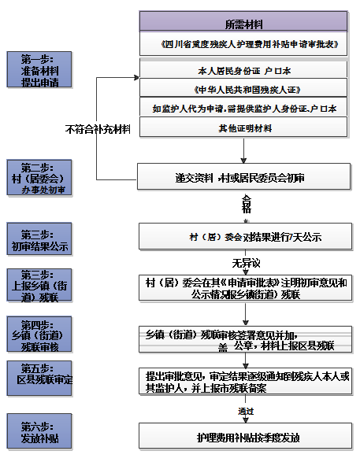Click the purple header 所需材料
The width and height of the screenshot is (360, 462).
click(243, 22)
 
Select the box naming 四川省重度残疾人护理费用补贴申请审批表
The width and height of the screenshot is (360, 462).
click(243, 44)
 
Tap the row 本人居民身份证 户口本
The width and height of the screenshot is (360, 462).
click(243, 69)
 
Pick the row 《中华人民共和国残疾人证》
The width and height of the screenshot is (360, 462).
click(243, 88)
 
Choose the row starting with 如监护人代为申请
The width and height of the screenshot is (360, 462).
click(243, 107)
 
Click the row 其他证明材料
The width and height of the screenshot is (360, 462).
click(243, 127)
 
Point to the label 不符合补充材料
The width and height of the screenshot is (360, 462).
click(98, 128)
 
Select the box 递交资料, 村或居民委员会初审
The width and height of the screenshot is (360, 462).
click(243, 177)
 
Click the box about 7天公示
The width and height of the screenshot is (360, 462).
click(243, 236)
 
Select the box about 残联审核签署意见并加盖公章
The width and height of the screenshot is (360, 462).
click(243, 338)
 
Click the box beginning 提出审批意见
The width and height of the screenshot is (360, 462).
click(243, 383)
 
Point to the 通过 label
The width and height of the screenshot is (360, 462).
click(245, 412)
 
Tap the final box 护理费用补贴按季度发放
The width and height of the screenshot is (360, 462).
click(243, 436)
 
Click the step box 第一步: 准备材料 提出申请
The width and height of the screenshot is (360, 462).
click(39, 70)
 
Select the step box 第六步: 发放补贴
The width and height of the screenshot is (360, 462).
click(39, 429)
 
